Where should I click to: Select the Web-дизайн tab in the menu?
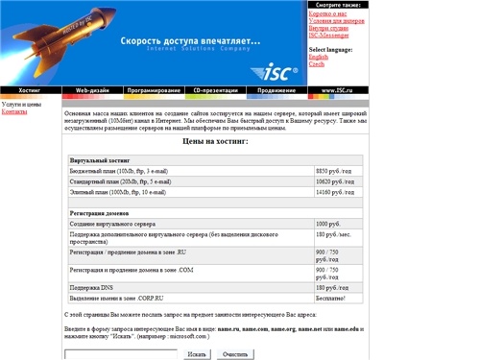click(x=92, y=90)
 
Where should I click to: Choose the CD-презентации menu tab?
click(x=215, y=90)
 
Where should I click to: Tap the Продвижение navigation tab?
click(x=276, y=90)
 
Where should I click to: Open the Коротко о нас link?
click(x=327, y=13)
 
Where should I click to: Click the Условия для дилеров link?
click(x=335, y=21)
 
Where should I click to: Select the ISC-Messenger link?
click(x=331, y=36)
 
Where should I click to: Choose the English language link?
click(x=318, y=57)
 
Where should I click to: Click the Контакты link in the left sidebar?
click(x=14, y=111)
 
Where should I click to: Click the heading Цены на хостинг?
click(x=215, y=140)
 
